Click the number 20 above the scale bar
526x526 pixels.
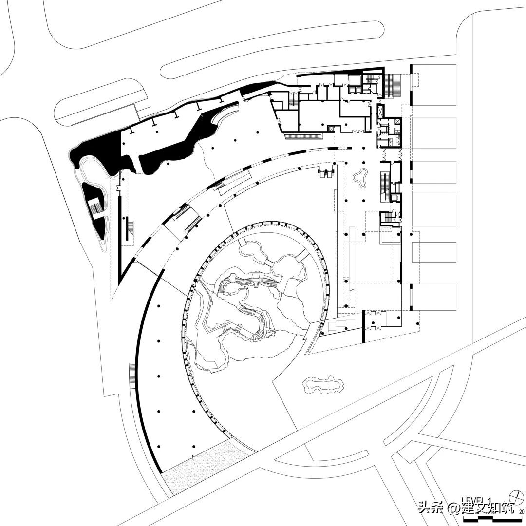click(522, 512)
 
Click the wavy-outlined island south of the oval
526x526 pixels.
click(322, 385)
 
